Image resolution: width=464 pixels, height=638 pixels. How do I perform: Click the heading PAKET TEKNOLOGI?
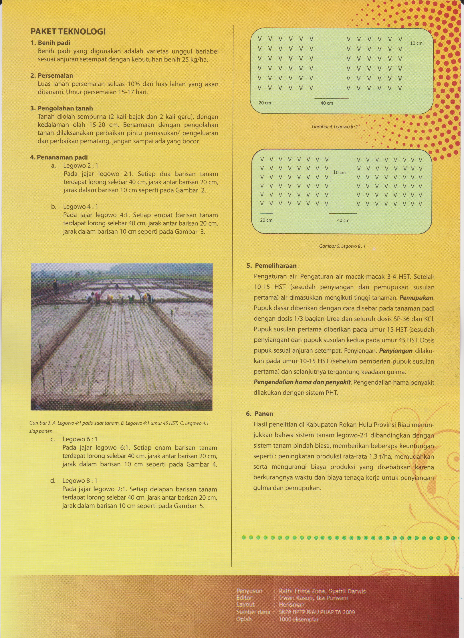(68, 31)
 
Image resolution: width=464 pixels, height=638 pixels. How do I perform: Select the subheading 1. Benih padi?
(50, 43)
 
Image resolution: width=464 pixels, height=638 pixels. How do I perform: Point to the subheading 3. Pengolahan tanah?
(61, 108)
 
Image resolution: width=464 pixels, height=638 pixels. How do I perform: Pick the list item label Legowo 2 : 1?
(80, 166)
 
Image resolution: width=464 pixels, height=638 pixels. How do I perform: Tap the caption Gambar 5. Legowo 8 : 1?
(342, 247)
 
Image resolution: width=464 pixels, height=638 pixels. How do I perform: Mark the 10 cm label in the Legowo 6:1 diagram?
(416, 43)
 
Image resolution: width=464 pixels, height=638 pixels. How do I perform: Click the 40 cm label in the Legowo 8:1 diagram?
(343, 220)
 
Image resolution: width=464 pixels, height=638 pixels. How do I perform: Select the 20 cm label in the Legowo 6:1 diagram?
(265, 103)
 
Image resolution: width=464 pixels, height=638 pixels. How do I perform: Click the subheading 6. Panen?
(260, 414)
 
